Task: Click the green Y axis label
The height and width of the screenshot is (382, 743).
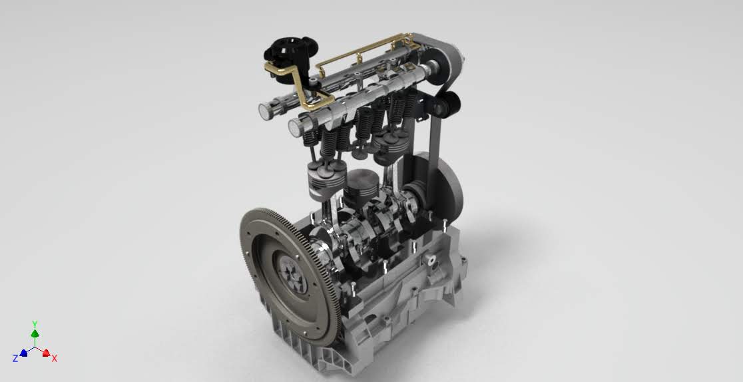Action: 35,324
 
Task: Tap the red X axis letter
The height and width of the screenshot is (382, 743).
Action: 55,359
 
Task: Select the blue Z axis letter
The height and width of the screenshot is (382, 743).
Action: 15,359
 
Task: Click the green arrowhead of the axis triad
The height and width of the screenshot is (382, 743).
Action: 35,333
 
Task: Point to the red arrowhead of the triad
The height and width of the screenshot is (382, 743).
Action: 46,353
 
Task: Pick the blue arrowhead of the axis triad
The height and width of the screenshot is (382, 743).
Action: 23,353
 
